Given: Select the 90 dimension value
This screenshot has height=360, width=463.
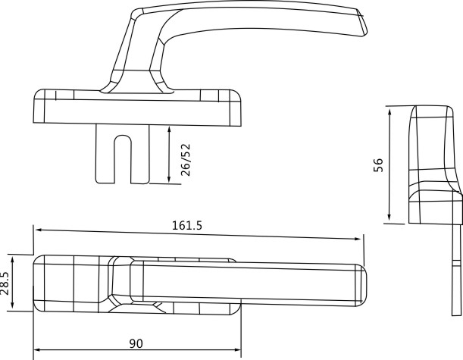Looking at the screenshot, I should [136, 343].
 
